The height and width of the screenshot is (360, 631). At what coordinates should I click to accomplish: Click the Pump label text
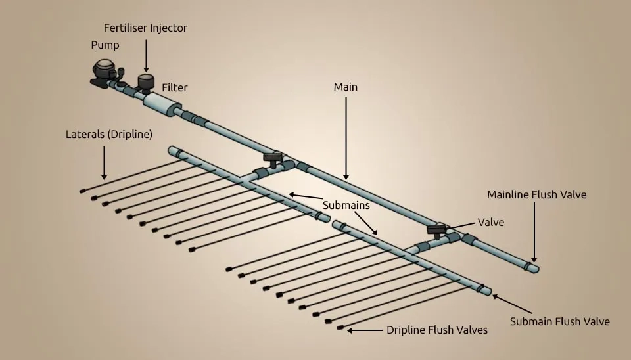[105, 45]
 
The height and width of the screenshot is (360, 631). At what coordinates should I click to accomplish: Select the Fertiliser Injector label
[145, 28]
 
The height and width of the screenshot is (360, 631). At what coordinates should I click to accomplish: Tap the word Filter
[175, 87]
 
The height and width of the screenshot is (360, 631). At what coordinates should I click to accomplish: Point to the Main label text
[346, 87]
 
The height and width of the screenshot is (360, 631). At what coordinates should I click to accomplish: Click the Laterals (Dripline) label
[109, 134]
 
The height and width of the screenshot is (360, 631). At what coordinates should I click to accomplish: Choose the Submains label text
[346, 205]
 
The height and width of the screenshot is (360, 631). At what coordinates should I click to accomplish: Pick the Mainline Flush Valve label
[536, 194]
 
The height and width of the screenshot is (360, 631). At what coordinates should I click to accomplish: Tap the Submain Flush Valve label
[560, 321]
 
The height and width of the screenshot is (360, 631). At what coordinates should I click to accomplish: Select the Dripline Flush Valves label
[437, 330]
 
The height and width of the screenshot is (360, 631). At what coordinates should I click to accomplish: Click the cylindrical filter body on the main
[160, 102]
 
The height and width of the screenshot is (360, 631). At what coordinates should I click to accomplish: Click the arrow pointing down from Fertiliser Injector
[146, 56]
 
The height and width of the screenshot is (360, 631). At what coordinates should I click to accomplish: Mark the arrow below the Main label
[346, 138]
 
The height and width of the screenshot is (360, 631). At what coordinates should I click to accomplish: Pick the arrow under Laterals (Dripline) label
[104, 162]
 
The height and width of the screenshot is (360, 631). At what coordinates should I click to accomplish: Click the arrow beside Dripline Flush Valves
[364, 330]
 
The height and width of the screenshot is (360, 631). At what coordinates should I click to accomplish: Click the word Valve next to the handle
[491, 222]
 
